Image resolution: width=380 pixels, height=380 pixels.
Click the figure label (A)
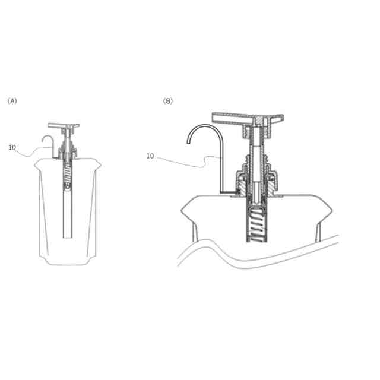click(x=12, y=101)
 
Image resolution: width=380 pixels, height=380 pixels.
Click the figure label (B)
click(x=167, y=101)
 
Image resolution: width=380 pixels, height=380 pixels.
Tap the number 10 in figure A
click(x=12, y=147)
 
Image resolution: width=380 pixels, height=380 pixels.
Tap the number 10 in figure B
click(x=150, y=156)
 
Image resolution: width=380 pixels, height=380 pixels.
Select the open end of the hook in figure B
click(x=188, y=142)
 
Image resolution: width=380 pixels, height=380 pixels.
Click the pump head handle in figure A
click(x=64, y=126)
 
